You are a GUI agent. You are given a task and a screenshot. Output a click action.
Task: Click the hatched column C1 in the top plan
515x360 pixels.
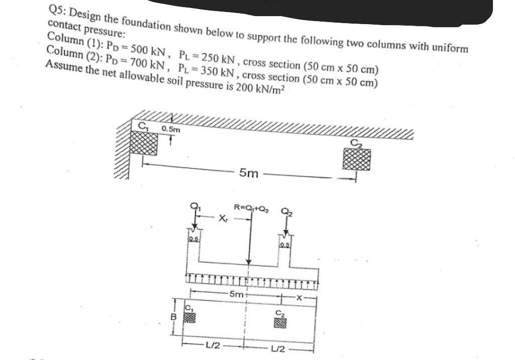144,143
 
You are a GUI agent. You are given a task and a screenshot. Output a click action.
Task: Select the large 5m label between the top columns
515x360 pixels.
249,174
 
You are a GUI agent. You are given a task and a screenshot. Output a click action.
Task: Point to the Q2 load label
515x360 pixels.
286,212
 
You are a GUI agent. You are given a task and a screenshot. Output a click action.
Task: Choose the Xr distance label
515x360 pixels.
224,219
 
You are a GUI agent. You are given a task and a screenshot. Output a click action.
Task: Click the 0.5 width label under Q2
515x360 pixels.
285,244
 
